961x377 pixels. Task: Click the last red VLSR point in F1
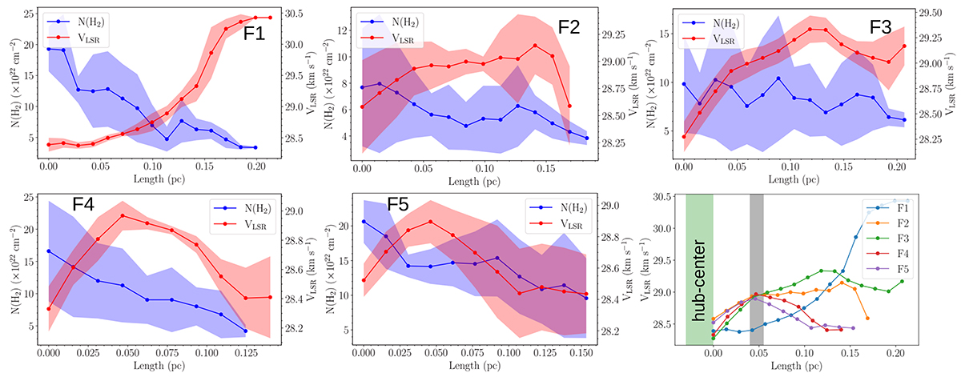click(x=270, y=18)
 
